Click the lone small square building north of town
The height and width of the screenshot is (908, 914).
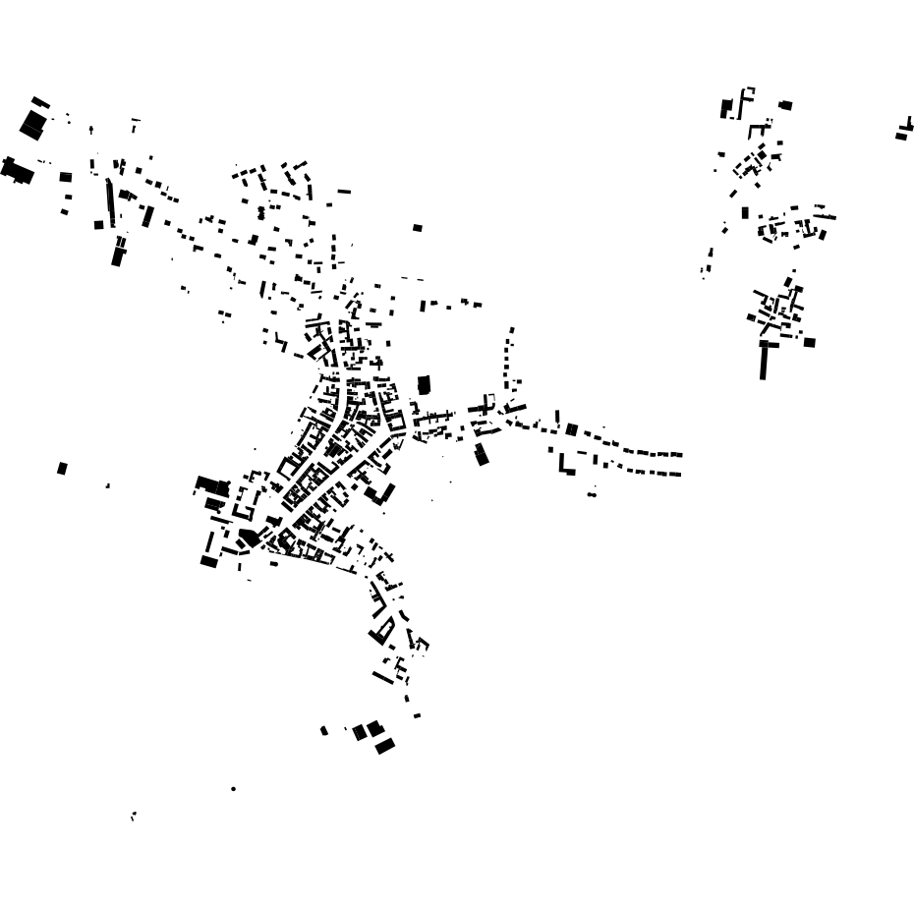pos(418,228)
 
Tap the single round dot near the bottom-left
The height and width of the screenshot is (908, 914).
pos(233,788)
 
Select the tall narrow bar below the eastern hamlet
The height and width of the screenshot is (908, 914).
pos(764,363)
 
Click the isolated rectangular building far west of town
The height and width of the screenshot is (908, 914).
pos(62,469)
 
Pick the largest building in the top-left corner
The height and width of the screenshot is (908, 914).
pos(32,125)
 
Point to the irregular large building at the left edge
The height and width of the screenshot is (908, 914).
pos(16,170)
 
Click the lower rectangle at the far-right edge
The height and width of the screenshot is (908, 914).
pos(901,137)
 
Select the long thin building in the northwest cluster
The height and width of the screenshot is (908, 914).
pos(109,202)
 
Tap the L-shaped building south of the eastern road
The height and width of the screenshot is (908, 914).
pos(565,464)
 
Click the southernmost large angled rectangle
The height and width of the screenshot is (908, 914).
pos(385,746)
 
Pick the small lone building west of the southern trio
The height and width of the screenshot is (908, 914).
pos(324,730)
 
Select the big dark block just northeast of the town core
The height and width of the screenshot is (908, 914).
pos(424,384)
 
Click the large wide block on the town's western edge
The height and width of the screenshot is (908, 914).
pos(210,485)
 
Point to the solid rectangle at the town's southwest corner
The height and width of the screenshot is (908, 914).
pos(208,561)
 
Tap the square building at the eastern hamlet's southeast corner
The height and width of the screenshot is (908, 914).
pos(809,343)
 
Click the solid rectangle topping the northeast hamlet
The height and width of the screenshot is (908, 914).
pos(785,105)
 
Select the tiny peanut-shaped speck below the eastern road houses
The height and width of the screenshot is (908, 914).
pos(592,494)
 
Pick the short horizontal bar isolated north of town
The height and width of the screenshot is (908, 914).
pos(344,192)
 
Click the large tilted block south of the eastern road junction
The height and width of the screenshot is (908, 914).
pos(481,454)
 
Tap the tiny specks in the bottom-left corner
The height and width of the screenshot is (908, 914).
pos(133,816)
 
